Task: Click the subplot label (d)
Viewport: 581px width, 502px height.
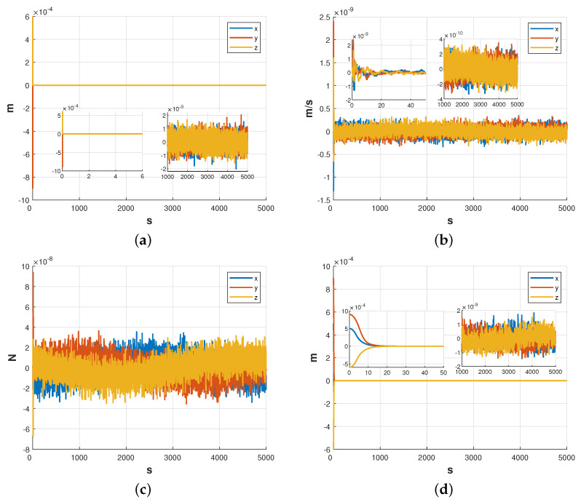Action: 449,490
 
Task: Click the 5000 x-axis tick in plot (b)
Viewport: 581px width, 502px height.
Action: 566,208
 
